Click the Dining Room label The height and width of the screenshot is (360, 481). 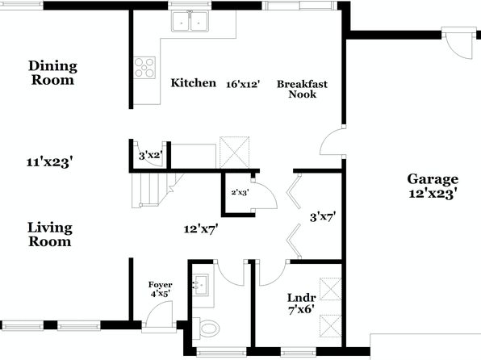52,73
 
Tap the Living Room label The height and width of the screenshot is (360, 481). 50,234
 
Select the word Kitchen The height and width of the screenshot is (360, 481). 193,83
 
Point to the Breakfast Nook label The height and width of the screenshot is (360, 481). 302,89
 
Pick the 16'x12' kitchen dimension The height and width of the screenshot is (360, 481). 243,84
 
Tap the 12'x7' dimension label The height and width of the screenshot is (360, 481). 201,228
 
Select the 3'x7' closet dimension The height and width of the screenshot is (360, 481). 323,217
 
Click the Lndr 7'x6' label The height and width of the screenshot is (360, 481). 302,303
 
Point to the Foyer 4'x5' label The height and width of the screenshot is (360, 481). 160,290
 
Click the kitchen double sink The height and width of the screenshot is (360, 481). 190,21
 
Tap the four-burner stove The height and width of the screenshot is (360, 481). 144,68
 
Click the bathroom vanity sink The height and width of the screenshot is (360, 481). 200,284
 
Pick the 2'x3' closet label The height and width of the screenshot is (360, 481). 240,193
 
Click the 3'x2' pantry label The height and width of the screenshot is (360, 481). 151,156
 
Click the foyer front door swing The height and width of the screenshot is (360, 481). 159,314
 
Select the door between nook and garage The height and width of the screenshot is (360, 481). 333,141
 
